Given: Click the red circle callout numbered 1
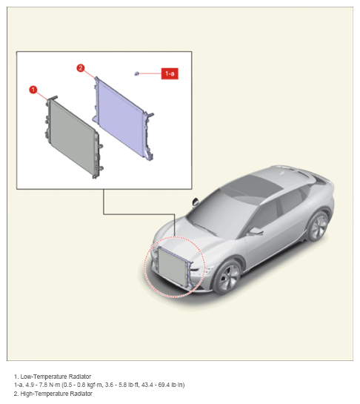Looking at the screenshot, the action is click(x=33, y=90).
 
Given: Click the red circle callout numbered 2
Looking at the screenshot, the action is click(x=81, y=68).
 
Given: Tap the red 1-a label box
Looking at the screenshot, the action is click(x=170, y=73).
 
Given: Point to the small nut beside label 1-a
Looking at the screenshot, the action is click(x=137, y=74).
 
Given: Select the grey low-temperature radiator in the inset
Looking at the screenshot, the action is click(x=73, y=136).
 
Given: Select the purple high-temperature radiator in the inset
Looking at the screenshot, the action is click(x=124, y=119).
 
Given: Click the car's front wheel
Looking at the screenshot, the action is click(x=227, y=277).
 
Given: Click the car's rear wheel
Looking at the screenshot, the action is click(x=319, y=227).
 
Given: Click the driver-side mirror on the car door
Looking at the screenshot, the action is click(x=256, y=231).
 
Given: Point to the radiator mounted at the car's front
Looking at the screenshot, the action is click(x=174, y=265).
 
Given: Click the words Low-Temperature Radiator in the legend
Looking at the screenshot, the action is click(x=56, y=377).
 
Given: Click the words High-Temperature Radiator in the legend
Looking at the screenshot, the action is click(x=56, y=394).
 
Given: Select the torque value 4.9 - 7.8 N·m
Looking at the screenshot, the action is click(x=43, y=385).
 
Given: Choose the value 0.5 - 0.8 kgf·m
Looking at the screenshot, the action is click(x=82, y=385).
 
